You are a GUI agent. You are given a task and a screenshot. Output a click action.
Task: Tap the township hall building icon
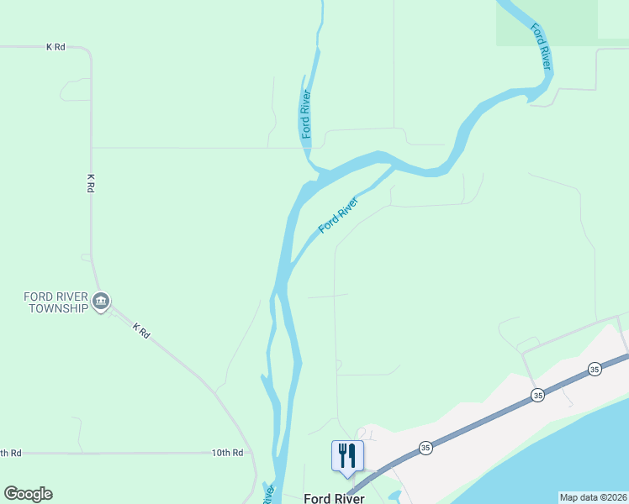[101, 302]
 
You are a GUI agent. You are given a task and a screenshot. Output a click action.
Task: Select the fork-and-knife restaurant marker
[347, 456]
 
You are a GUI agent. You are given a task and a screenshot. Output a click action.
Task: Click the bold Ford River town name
[334, 498]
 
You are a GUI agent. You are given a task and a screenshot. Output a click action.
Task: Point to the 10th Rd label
[227, 453]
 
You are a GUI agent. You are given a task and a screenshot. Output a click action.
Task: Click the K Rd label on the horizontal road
[55, 47]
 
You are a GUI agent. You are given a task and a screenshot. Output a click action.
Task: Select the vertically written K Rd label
[90, 184]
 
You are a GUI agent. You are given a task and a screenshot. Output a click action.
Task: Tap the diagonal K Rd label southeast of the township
[140, 332]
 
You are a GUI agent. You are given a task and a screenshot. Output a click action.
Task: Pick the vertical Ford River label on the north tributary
[307, 113]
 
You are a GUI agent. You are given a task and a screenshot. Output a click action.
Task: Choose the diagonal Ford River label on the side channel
[338, 216]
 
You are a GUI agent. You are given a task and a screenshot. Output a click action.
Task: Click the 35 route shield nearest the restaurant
[425, 448]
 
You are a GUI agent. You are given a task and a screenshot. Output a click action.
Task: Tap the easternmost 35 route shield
[595, 369]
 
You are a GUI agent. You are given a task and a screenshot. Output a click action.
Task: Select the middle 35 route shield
[537, 394]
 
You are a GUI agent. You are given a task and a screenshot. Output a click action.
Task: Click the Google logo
[28, 494]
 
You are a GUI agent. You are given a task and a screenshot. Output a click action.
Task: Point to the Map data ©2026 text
[593, 497]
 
